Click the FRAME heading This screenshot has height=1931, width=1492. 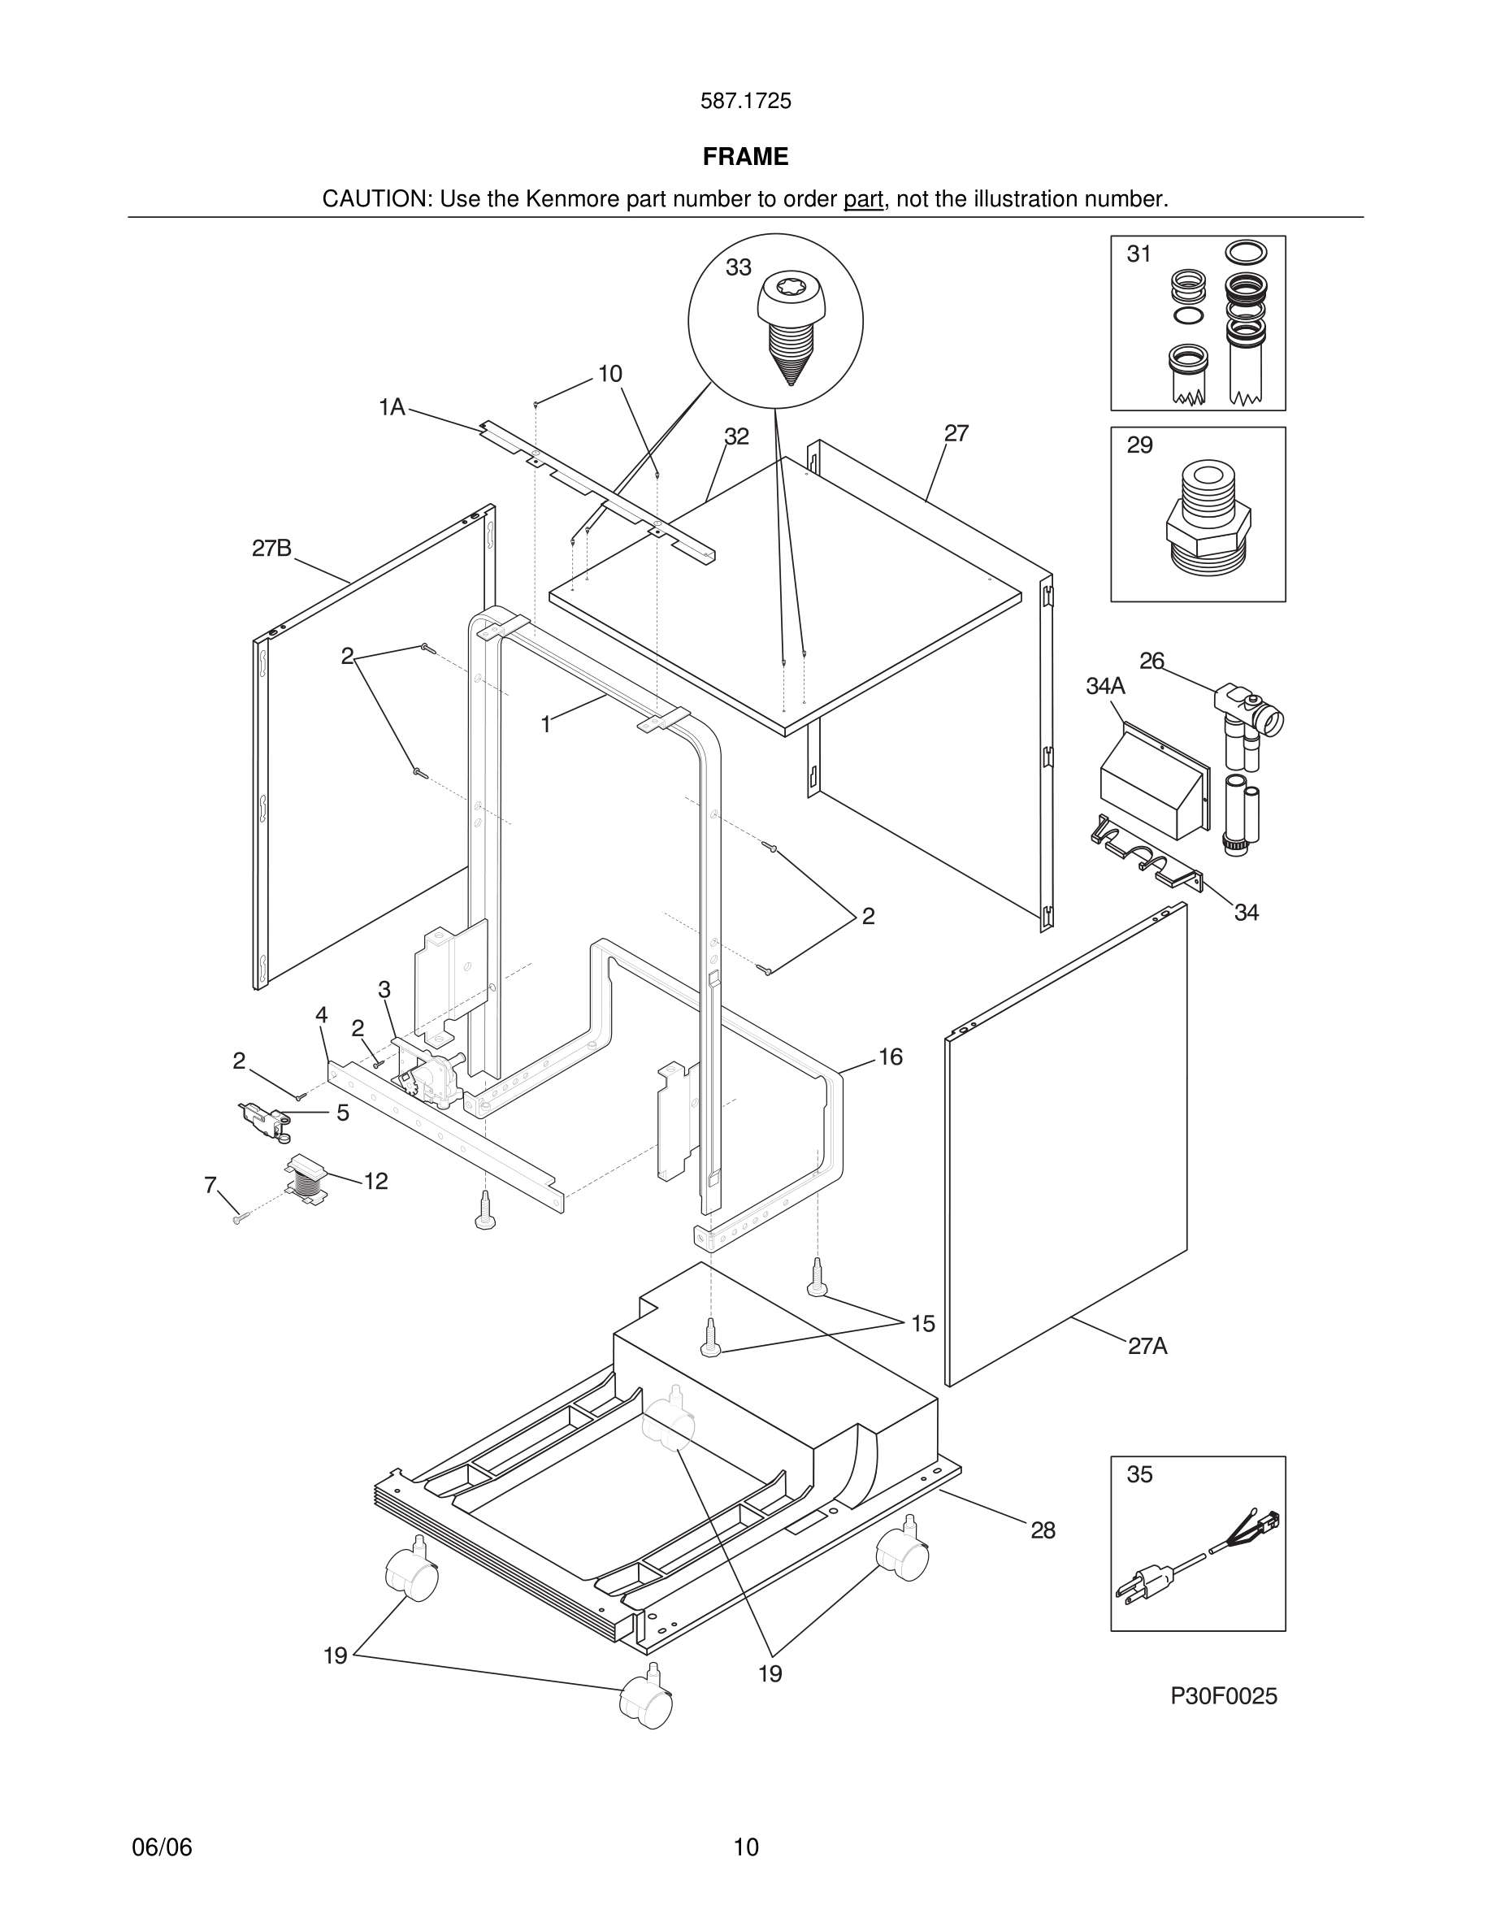(745, 157)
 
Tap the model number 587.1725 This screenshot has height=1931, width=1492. (745, 102)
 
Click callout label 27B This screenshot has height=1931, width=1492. (271, 549)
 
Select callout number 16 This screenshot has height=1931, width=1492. (890, 1057)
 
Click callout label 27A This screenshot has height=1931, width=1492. (1147, 1346)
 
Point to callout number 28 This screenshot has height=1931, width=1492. (1043, 1530)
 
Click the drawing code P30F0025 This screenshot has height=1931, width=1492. (1223, 1696)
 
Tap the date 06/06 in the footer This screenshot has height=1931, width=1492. (162, 1847)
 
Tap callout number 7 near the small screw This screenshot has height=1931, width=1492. (210, 1185)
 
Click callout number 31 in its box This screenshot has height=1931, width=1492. (1139, 254)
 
